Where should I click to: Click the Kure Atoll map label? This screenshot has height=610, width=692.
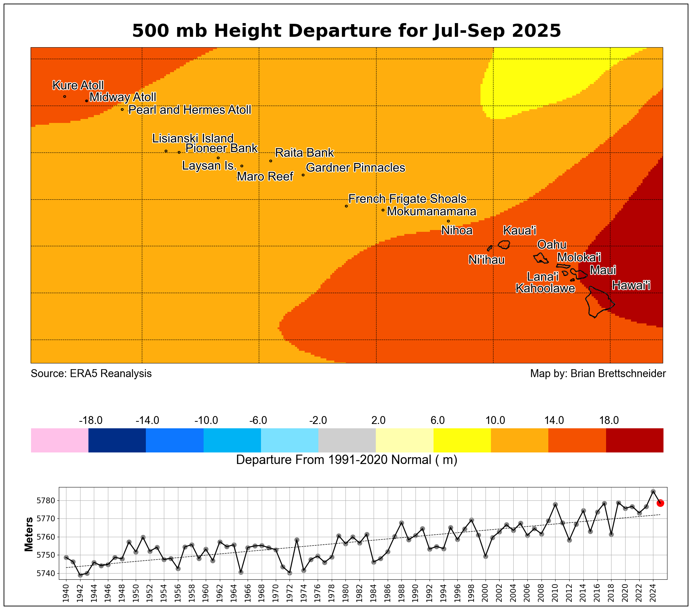(x=78, y=85)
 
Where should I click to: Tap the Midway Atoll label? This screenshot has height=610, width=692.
(x=123, y=97)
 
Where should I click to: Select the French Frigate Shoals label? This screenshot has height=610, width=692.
(x=407, y=199)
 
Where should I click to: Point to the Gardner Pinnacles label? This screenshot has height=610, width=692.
(x=356, y=168)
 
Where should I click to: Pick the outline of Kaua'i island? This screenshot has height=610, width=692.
(x=504, y=244)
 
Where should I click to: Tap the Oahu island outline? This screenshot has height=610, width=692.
(x=541, y=258)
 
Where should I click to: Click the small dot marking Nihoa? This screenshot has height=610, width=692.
(x=448, y=221)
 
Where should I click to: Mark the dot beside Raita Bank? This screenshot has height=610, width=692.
(x=271, y=161)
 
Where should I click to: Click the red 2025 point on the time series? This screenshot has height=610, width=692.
(x=660, y=503)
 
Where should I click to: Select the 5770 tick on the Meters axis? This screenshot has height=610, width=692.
(x=45, y=519)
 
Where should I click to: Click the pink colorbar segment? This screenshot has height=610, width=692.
(x=60, y=440)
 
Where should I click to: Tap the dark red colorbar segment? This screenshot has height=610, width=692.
(x=635, y=440)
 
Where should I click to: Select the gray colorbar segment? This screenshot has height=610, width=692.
(x=347, y=440)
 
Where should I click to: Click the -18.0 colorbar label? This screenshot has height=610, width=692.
(x=91, y=420)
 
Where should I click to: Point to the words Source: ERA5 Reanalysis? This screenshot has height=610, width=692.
(x=91, y=373)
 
